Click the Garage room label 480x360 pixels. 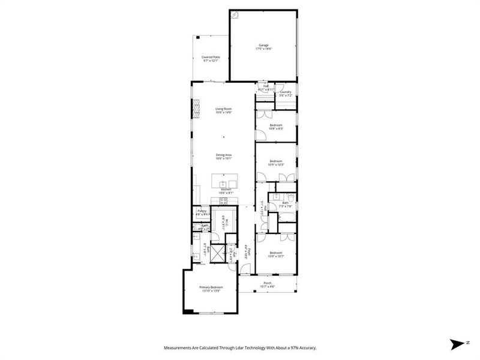[263, 45]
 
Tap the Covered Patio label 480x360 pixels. [211, 57]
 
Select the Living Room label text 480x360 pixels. [224, 109]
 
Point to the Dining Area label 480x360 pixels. [224, 155]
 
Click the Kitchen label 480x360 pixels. [226, 190]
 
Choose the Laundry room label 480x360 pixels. [285, 92]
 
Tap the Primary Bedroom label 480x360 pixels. [211, 287]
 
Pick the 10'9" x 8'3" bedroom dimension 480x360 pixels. [276, 128]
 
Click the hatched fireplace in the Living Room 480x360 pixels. [196, 109]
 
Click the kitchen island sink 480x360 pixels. [223, 182]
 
